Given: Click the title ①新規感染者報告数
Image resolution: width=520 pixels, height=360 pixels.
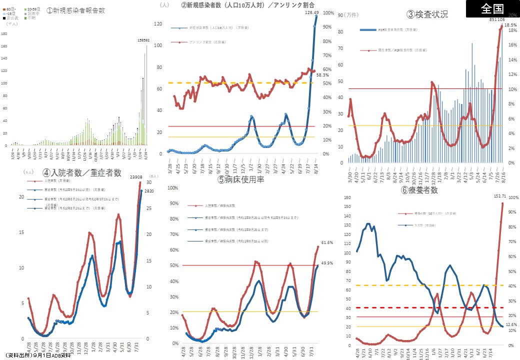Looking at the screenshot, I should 76,10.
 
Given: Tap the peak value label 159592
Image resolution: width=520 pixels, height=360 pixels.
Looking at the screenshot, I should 143,40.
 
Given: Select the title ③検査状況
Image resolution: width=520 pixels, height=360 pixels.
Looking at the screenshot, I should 427,14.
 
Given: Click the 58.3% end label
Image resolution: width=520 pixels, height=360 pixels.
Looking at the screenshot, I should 322,74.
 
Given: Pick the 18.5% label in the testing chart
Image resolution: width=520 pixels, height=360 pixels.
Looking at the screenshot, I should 510,24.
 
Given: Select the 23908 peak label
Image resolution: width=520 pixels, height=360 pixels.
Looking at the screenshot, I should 136,176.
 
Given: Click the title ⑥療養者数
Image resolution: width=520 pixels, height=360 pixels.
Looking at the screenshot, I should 419,190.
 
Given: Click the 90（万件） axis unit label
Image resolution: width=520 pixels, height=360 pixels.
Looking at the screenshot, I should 348,14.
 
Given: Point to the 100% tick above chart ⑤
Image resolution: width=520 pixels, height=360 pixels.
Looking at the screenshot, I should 172,188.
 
